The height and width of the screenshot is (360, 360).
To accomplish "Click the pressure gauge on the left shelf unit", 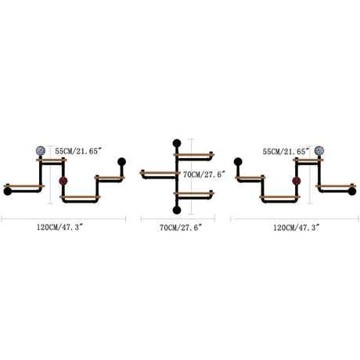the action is pos(41,150).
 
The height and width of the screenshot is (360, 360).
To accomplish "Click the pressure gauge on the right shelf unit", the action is pos(319,150).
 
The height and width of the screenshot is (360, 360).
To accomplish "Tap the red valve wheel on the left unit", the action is pos(63,181).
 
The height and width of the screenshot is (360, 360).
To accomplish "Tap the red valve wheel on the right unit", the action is pos(297,181).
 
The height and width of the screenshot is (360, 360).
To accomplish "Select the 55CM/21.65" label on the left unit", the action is pos(78,151).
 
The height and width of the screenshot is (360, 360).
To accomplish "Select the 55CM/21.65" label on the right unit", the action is pos(286,151).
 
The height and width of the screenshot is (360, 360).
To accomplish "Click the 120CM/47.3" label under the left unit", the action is pos(59,227).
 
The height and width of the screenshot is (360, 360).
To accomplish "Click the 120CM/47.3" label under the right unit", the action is pos(297,228).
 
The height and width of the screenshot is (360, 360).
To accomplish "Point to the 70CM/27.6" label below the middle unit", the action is pos(181,228).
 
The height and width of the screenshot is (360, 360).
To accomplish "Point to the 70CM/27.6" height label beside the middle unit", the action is pos(204,175).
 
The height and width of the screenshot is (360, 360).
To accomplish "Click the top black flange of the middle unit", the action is pos(177,143).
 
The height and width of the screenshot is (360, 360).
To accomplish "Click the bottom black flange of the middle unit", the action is pos(177,210).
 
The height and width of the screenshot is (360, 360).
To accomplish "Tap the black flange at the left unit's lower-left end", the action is pos(8,191).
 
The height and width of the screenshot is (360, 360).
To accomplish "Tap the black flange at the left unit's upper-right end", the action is pos(121,162).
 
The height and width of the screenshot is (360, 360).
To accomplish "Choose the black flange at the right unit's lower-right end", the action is pos(352,191).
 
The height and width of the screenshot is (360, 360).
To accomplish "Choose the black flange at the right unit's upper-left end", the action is pos(238,162).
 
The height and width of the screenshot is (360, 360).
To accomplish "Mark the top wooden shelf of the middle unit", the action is pos(194,155).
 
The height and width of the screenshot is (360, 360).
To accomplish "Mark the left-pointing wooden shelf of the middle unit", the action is pos(160,173).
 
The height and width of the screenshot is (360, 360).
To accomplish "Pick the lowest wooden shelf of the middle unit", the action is pos(194,193).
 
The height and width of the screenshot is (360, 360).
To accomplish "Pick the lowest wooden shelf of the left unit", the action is pos(80,197).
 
